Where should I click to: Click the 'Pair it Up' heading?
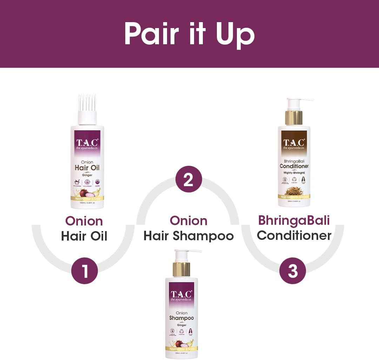189,34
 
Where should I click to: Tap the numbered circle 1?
85,270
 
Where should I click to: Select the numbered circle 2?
189,179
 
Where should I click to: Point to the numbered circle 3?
293,270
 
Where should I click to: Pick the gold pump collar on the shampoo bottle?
181,269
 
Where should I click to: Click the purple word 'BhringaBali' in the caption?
294,220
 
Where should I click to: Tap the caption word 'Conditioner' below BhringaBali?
294,235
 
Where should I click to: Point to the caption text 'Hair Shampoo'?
188,236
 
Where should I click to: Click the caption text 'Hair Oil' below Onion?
84,236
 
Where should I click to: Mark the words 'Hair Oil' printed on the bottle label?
87,168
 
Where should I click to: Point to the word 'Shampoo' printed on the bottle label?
181,318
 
